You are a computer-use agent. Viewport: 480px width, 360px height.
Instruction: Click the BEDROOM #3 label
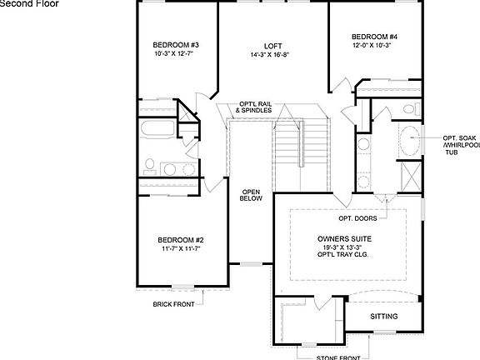tap(174, 45)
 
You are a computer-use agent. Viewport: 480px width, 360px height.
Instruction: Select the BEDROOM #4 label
tap(374, 37)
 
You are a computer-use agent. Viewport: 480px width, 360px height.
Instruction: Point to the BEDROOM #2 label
tap(182, 239)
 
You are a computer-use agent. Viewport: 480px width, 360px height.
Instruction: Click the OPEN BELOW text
tap(252, 194)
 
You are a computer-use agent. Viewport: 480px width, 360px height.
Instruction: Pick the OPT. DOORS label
tap(357, 218)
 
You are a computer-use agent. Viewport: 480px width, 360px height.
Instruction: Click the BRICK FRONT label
tap(172, 304)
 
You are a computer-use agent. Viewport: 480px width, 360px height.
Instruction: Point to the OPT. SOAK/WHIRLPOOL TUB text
tap(461, 145)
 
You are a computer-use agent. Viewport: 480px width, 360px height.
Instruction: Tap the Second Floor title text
tap(28, 4)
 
